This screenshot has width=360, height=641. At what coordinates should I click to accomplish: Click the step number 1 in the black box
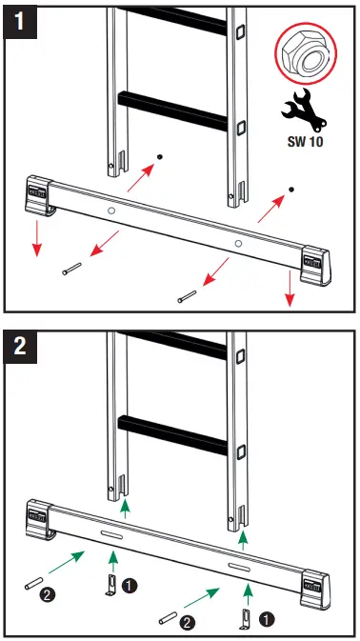pyautogui.click(x=20, y=19)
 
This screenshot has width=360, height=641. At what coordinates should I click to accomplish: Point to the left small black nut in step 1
pyautogui.click(x=161, y=154)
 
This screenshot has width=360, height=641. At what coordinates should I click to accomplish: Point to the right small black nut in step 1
pyautogui.click(x=291, y=190)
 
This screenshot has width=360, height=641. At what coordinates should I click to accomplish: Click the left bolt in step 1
pyautogui.click(x=70, y=271)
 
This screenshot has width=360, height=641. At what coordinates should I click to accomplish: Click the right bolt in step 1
pyautogui.click(x=185, y=297)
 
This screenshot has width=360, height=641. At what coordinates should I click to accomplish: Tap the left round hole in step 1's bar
pyautogui.click(x=112, y=210)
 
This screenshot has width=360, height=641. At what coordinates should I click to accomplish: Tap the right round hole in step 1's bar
pyautogui.click(x=239, y=245)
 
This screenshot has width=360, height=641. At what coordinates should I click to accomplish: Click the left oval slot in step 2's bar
pyautogui.click(x=111, y=537)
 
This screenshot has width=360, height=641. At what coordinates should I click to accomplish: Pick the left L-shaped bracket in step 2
pyautogui.click(x=110, y=582)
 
